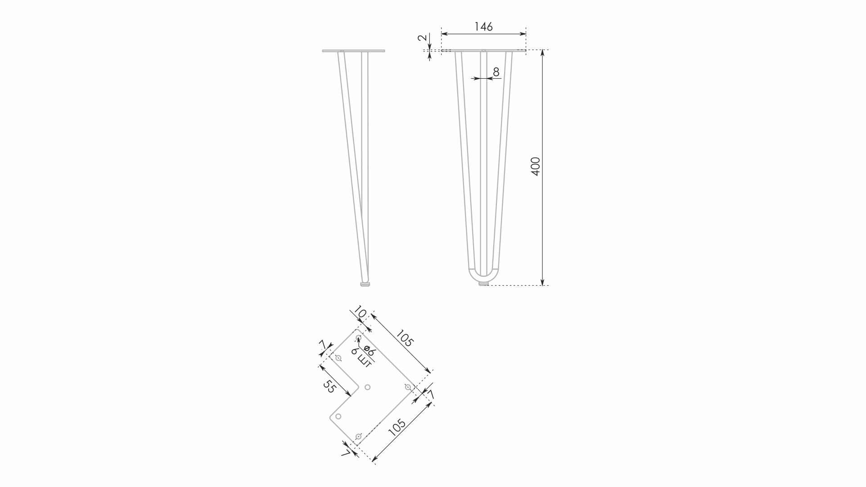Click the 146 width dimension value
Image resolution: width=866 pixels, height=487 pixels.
(x=483, y=27)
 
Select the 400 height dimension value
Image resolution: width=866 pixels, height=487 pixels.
(x=536, y=167)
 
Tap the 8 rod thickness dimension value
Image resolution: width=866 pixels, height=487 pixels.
(x=496, y=72)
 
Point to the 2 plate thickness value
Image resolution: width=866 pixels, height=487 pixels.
(x=422, y=38)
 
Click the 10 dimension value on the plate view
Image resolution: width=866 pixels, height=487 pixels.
(x=360, y=312)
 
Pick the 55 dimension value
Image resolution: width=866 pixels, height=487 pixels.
(x=329, y=386)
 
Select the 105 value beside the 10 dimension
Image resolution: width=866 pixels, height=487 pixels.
(x=404, y=338)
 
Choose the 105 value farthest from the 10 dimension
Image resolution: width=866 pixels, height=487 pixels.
(x=397, y=427)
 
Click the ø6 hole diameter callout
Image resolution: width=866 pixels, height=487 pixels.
(x=369, y=351)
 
